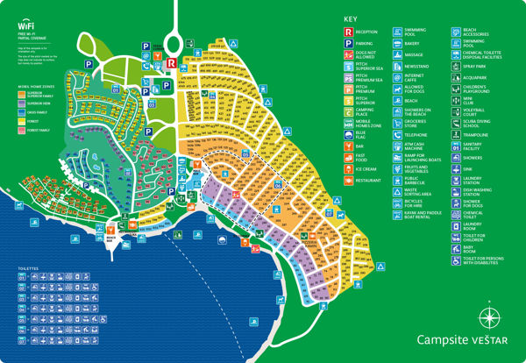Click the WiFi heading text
point(26,26)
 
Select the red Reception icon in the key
point(349,31)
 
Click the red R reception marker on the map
point(171,62)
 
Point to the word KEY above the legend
point(351,18)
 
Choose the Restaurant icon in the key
point(349,180)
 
